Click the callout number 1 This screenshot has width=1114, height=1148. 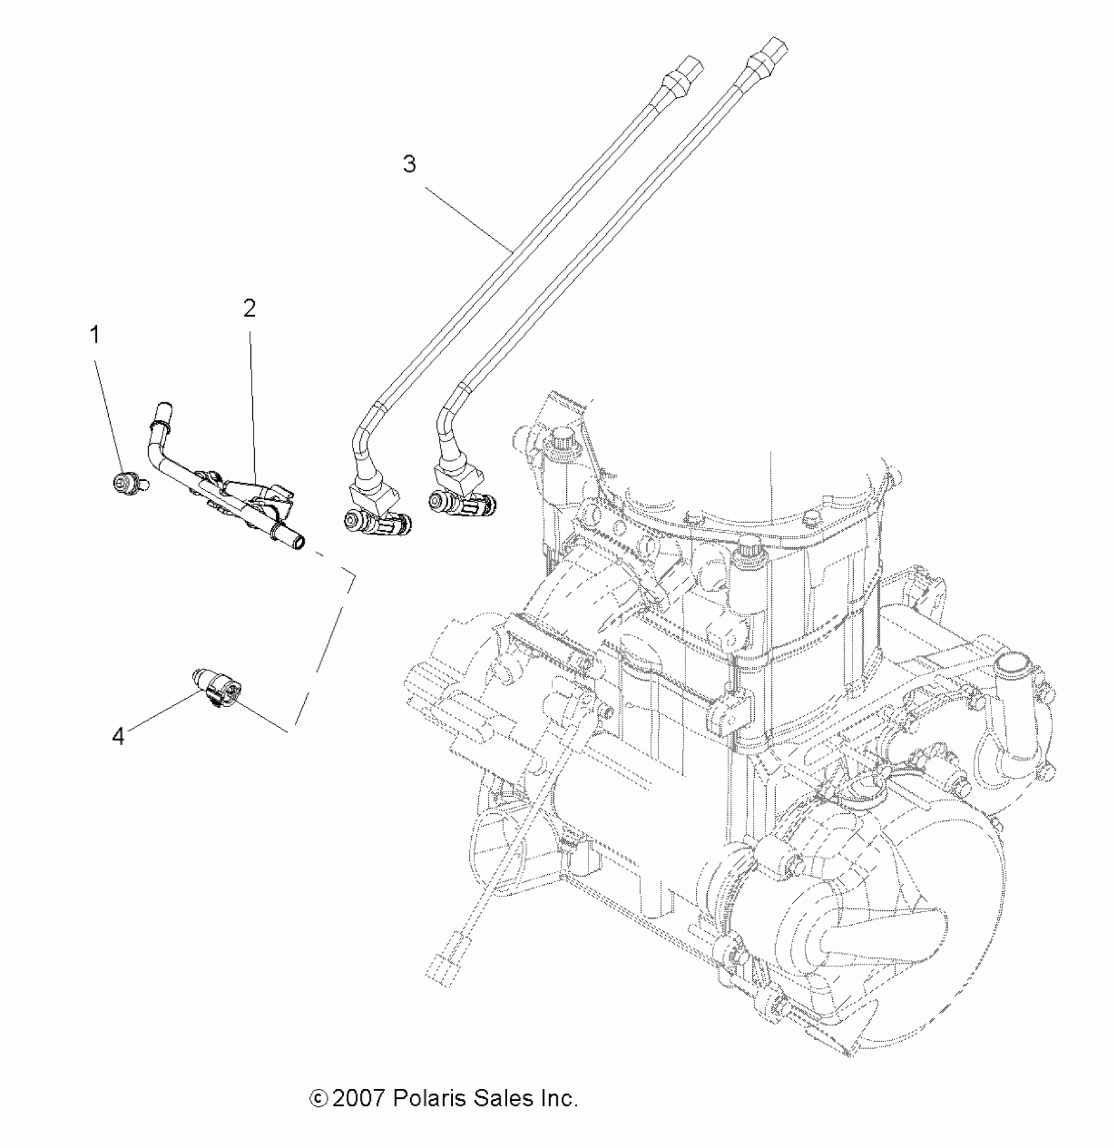click(x=95, y=335)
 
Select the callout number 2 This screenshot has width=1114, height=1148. click(x=249, y=309)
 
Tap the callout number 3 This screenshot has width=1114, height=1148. click(x=410, y=164)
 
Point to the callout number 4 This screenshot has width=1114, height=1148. click(x=118, y=737)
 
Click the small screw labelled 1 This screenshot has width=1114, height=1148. click(x=122, y=484)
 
